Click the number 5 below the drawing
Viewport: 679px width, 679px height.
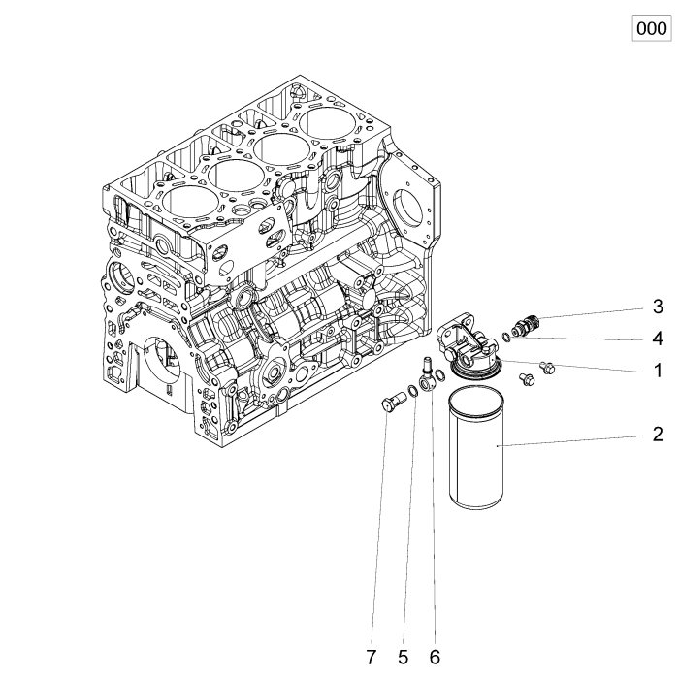pos(403,657)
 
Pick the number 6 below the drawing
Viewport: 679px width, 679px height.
pos(434,657)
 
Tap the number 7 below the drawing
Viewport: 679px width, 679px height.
pos(371,657)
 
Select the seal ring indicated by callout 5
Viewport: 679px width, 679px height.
pos(412,392)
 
